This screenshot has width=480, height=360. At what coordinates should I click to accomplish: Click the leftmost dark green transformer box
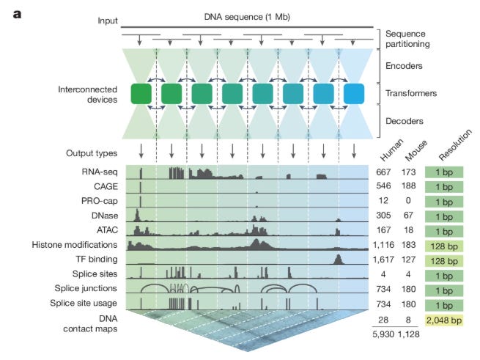coord(141,94)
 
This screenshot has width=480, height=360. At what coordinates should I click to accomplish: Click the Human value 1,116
coord(385,244)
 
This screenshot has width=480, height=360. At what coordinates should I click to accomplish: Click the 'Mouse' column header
coord(415,156)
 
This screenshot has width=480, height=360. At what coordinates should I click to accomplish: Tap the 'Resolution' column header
coord(449,155)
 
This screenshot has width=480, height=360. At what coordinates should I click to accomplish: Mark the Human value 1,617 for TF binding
coord(385,259)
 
